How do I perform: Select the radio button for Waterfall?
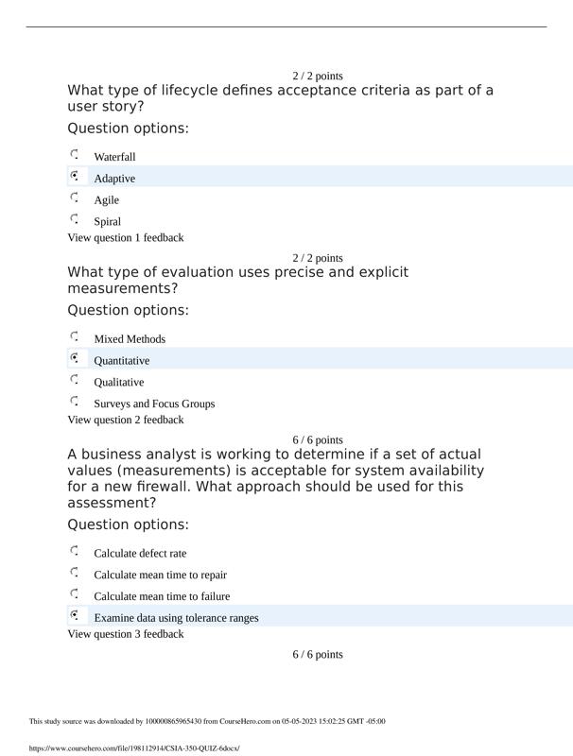(75, 154)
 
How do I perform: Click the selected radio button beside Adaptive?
(75, 176)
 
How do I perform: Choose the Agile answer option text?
(107, 200)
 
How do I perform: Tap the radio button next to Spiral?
(75, 219)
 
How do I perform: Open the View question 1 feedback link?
(126, 238)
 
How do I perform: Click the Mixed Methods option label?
(130, 339)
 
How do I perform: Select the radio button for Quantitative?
(75, 358)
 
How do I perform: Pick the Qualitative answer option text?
(119, 383)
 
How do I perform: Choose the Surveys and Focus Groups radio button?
(75, 402)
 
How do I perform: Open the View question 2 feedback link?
(126, 420)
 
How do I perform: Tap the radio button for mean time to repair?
(75, 573)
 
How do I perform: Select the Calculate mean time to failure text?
(162, 596)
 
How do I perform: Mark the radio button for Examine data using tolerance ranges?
(75, 615)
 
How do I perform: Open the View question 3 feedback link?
(126, 634)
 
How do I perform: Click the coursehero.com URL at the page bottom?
(134, 748)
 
